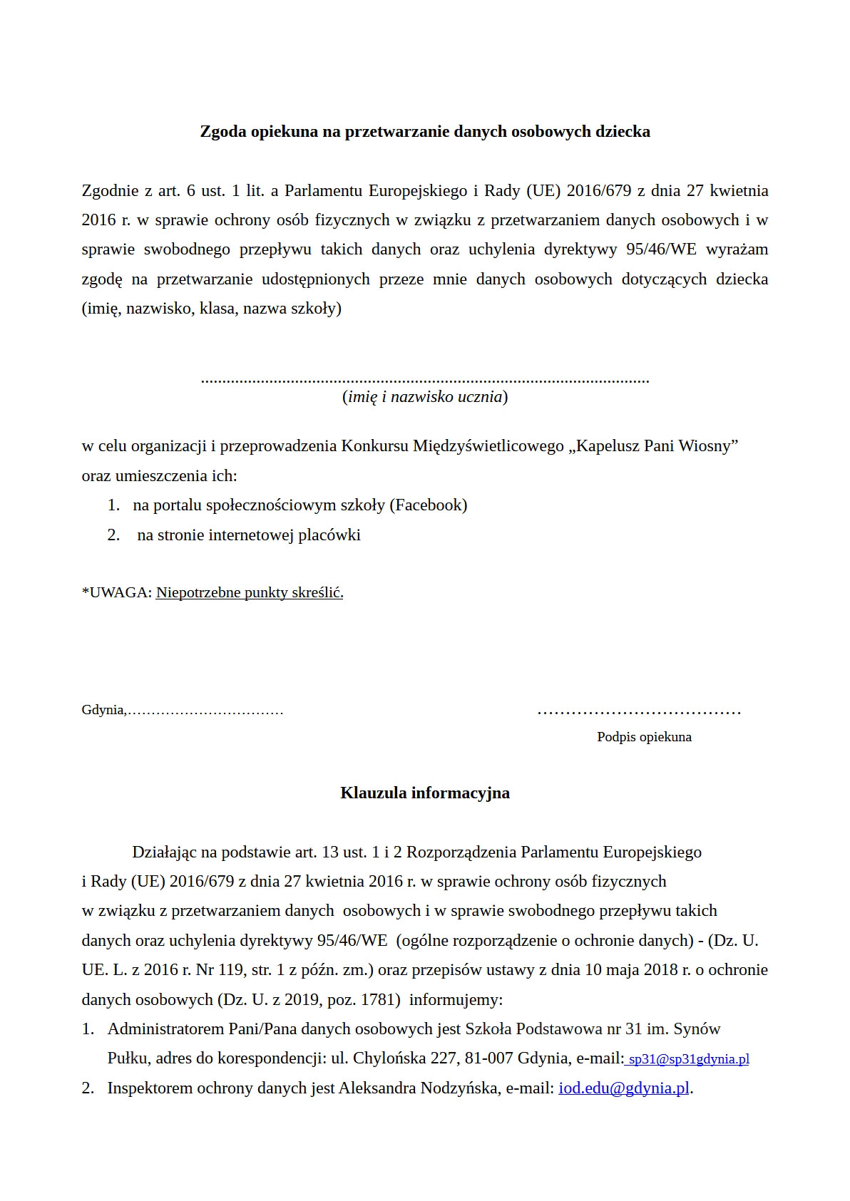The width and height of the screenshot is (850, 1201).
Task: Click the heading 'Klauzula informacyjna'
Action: [425, 793]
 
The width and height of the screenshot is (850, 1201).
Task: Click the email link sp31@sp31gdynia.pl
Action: [689, 1059]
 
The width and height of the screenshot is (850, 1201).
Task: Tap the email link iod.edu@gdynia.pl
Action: [624, 1088]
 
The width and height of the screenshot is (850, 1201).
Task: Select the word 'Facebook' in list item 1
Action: [429, 505]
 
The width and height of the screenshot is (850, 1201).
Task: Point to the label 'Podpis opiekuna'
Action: [644, 737]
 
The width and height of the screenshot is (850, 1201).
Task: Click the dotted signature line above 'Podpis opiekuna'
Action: [639, 711]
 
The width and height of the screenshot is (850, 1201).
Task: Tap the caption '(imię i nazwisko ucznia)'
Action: [425, 397]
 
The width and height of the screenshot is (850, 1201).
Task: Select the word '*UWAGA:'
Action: [117, 593]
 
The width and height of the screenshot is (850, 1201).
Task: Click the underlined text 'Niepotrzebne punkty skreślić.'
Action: [250, 593]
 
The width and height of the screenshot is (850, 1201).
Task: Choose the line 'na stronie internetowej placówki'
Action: [249, 535]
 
